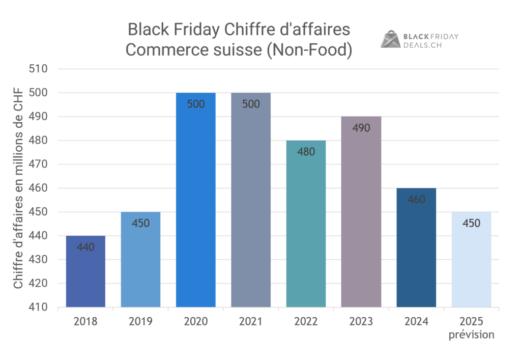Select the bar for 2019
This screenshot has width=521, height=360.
coord(140,260)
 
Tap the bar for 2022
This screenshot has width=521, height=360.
coord(306,224)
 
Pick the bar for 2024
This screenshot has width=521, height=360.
coord(416,248)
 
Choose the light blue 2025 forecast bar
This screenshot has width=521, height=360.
coord(471,260)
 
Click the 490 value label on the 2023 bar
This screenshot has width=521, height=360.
coord(361,128)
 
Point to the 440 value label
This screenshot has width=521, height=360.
coord(85,247)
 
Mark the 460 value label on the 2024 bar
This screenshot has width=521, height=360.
coord(416,200)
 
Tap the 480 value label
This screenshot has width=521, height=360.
coord(306,152)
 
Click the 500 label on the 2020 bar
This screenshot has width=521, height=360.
coord(195,104)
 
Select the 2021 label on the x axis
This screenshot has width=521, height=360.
coord(251,322)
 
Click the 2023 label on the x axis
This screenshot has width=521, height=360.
coord(361,322)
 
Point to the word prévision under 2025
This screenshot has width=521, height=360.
coord(471,335)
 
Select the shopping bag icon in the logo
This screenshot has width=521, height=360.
coord(391,39)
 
